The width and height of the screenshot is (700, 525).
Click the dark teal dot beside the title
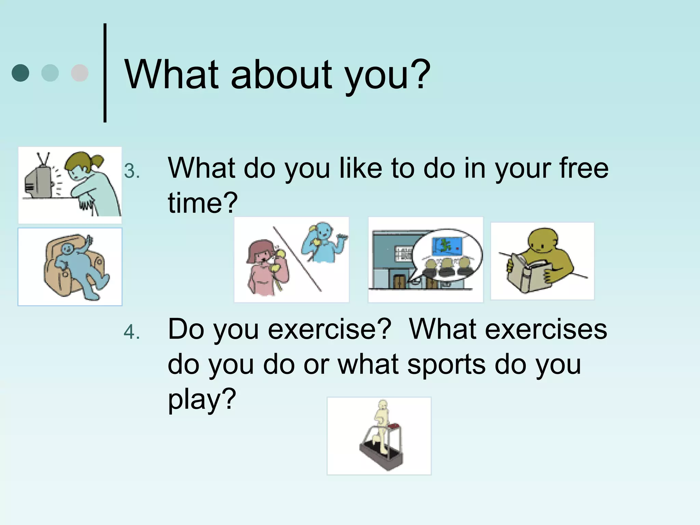click(21, 73)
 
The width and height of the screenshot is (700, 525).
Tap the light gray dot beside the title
click(80, 73)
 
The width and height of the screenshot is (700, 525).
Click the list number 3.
click(132, 171)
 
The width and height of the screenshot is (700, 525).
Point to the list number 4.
click(132, 332)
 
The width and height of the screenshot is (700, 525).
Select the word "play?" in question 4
click(202, 399)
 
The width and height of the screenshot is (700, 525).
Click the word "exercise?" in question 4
click(329, 329)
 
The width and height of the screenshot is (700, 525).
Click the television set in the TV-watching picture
click(38, 181)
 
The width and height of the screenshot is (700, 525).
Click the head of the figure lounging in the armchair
click(67, 249)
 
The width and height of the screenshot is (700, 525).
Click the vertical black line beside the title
click(105, 73)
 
